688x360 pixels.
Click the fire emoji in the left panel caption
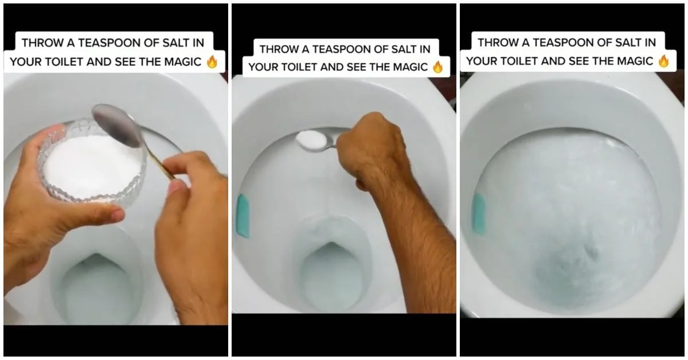tap(212, 62)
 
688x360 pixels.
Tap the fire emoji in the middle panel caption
tap(438, 67)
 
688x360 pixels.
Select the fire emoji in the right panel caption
tap(663, 61)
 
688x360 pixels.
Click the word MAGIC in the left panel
tap(181, 62)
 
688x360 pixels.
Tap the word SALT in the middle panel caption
tap(405, 49)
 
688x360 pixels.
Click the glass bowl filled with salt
tap(92, 164)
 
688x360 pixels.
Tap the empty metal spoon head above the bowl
tap(118, 125)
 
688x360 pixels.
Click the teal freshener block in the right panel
tap(479, 213)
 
